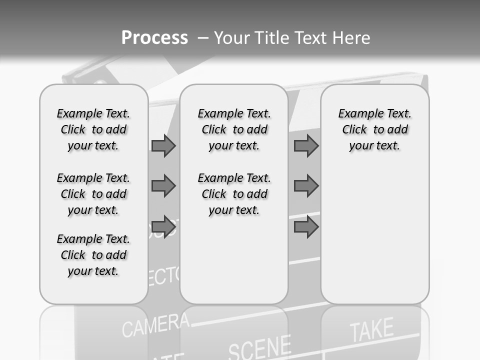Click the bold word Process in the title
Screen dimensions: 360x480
(x=154, y=37)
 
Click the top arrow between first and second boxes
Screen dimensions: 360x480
(x=163, y=145)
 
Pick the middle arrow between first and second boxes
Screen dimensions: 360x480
(x=163, y=186)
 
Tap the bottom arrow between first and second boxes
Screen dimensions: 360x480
(x=163, y=227)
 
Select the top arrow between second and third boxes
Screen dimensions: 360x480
(x=306, y=145)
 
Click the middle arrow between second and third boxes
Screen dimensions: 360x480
(x=306, y=186)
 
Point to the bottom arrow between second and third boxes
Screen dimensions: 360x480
(x=306, y=227)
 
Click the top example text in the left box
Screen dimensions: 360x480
(x=93, y=129)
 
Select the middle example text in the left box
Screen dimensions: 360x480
(x=93, y=194)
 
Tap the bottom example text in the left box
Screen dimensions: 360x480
(x=93, y=255)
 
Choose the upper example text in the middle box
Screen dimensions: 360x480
(x=234, y=129)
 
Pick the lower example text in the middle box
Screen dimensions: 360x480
(x=234, y=194)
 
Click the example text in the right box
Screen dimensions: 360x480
(x=374, y=129)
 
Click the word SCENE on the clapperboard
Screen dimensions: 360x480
(x=259, y=347)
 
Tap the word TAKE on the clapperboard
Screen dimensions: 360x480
(x=371, y=330)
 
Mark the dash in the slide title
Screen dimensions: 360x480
(x=203, y=38)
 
